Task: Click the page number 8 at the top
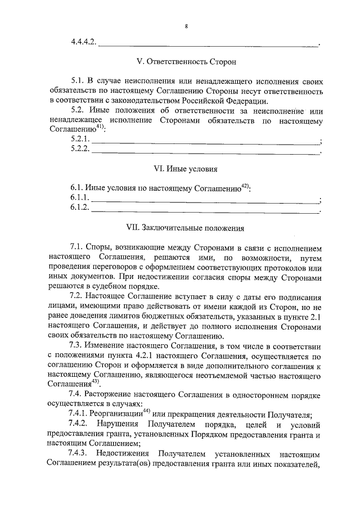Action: coord(186,25)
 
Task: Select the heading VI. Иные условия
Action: coord(186,169)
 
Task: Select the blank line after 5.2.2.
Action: coord(205,151)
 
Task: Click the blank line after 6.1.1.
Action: coord(205,201)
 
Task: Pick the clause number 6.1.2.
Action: coord(80,209)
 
